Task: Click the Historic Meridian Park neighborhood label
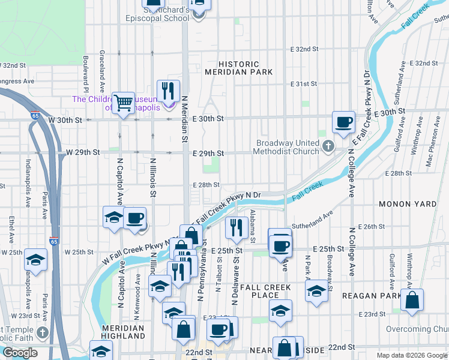pos(239,68)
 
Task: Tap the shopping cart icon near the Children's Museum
pos(124,103)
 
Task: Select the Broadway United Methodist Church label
pos(290,147)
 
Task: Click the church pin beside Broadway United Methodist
pos(328,145)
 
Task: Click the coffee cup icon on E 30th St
pos(343,122)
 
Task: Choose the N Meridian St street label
pos(184,119)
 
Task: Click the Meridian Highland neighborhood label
pos(122,332)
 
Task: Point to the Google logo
pos(20,353)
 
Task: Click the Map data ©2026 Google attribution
pos(412,355)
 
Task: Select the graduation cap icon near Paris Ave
pos(36,260)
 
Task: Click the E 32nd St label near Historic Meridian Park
pos(304,49)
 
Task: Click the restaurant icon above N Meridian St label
pos(168,91)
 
